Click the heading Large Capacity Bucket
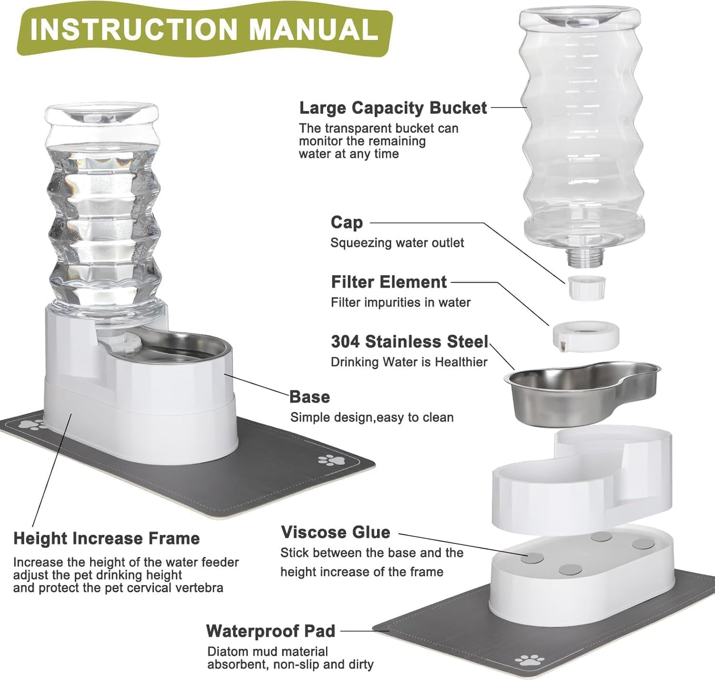click(x=393, y=108)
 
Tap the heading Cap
click(x=346, y=222)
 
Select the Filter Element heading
click(x=388, y=282)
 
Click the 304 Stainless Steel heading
click(x=409, y=341)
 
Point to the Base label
click(x=309, y=397)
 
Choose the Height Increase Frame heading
click(x=106, y=538)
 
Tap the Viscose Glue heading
click(x=335, y=532)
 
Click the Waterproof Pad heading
click(x=270, y=631)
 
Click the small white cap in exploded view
click(x=586, y=288)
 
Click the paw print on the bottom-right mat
click(x=527, y=660)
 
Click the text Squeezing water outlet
click(x=397, y=243)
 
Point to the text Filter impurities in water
click(x=400, y=302)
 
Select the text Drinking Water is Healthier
click(x=409, y=362)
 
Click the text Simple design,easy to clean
click(x=372, y=418)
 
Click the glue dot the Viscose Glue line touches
click(x=533, y=558)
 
